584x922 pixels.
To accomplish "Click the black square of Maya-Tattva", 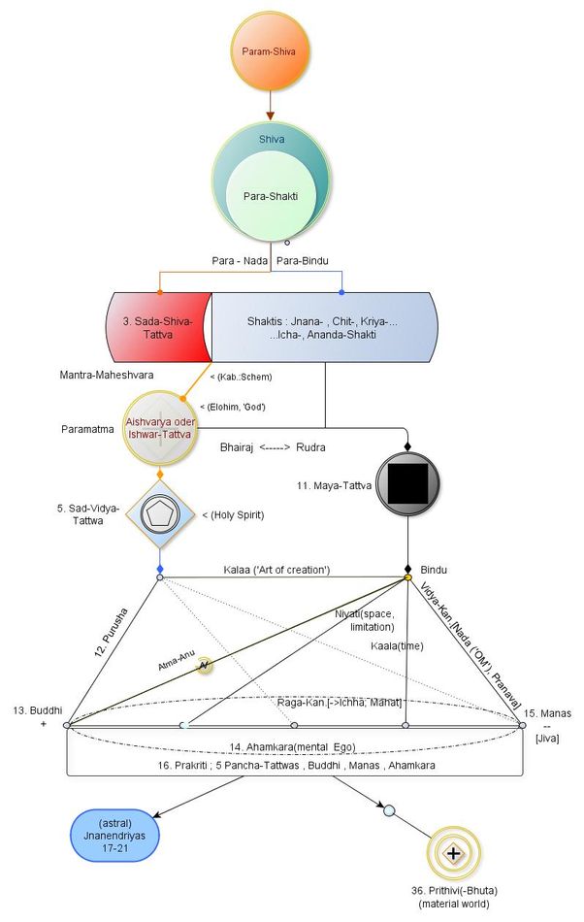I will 408,481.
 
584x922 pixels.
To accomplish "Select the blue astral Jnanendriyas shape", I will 114,836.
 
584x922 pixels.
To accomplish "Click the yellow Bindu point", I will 408,578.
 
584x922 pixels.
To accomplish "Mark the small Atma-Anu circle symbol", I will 204,666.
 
